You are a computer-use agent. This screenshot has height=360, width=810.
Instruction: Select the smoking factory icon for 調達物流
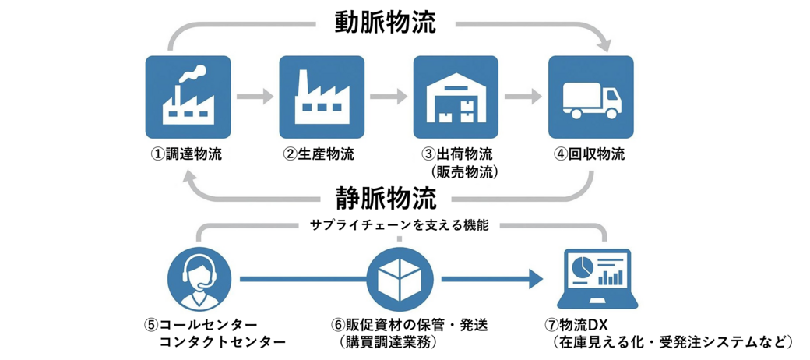(x=187, y=97)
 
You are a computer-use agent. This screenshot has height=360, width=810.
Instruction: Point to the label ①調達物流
(x=187, y=154)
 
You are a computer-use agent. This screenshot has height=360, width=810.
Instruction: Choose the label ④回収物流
(x=590, y=154)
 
